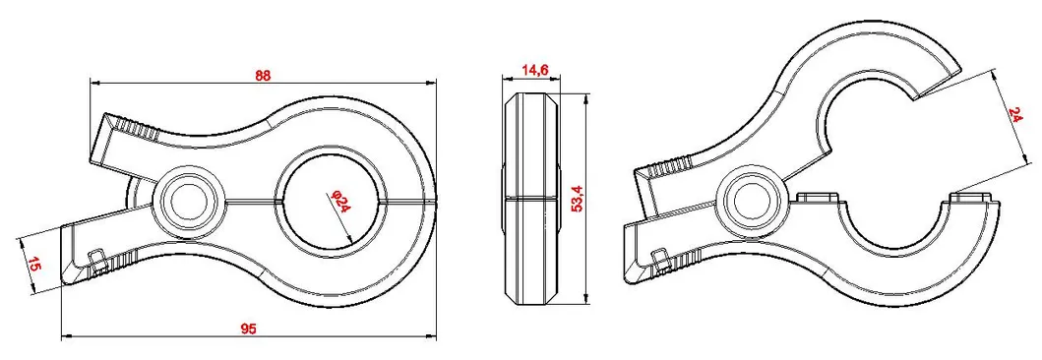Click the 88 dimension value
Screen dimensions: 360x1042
(262, 75)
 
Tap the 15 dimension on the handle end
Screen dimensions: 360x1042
(34, 263)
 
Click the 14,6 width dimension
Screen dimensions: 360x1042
(535, 70)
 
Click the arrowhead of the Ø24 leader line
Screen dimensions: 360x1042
(350, 242)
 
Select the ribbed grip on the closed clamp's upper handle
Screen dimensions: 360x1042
(138, 129)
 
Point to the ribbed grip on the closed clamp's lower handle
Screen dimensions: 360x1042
(120, 262)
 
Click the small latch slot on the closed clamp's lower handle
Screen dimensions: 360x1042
(96, 258)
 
